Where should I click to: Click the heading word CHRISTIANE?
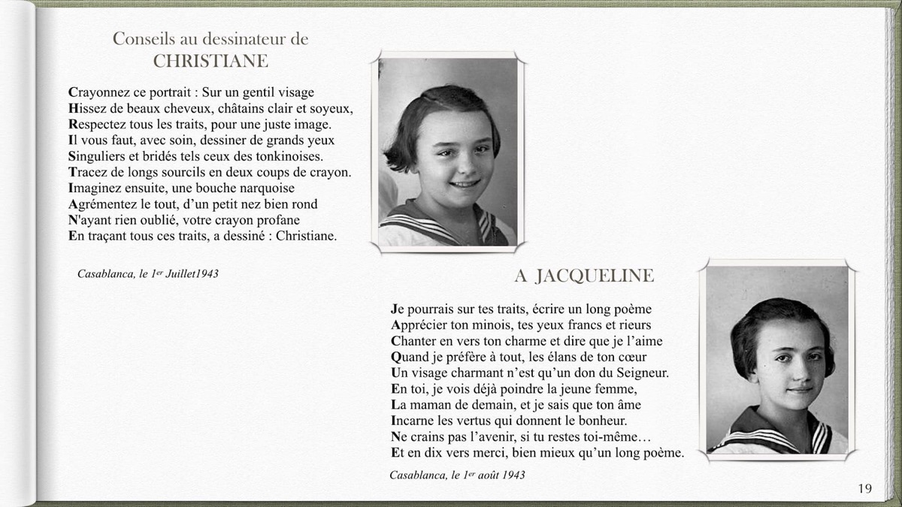click(210, 62)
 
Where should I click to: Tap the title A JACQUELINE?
click(584, 276)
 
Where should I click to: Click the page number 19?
click(864, 489)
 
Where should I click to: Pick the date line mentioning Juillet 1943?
click(148, 273)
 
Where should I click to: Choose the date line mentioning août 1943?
click(457, 475)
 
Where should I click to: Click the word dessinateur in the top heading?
click(244, 39)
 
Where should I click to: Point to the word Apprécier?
click(420, 325)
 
